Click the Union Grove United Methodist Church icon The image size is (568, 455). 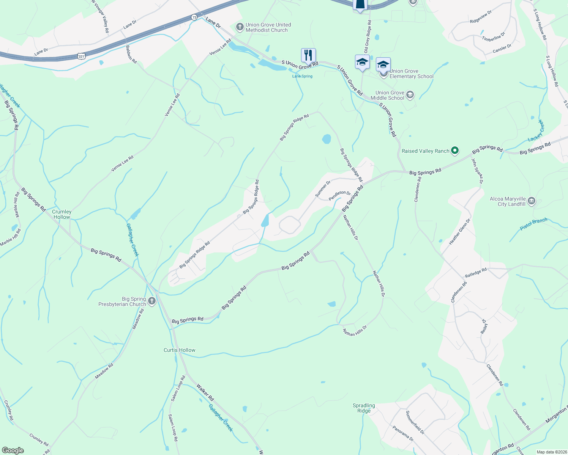[240, 27]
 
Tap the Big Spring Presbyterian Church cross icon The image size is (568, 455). [152, 301]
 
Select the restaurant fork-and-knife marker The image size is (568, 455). [308, 55]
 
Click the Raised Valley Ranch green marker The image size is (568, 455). [455, 151]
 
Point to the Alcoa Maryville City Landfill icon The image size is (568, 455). [532, 201]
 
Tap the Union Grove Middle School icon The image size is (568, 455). [410, 95]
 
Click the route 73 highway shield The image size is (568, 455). [194, 17]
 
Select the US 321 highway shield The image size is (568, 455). [81, 56]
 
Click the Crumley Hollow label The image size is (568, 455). [62, 214]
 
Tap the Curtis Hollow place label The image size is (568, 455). [180, 350]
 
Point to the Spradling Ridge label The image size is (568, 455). [364, 408]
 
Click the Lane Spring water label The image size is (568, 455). [302, 76]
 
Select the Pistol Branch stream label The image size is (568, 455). [533, 224]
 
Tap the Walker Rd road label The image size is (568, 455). [205, 392]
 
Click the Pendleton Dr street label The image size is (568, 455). [340, 195]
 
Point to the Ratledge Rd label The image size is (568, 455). [476, 273]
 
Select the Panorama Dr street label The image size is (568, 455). [403, 433]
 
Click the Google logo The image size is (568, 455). [13, 450]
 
